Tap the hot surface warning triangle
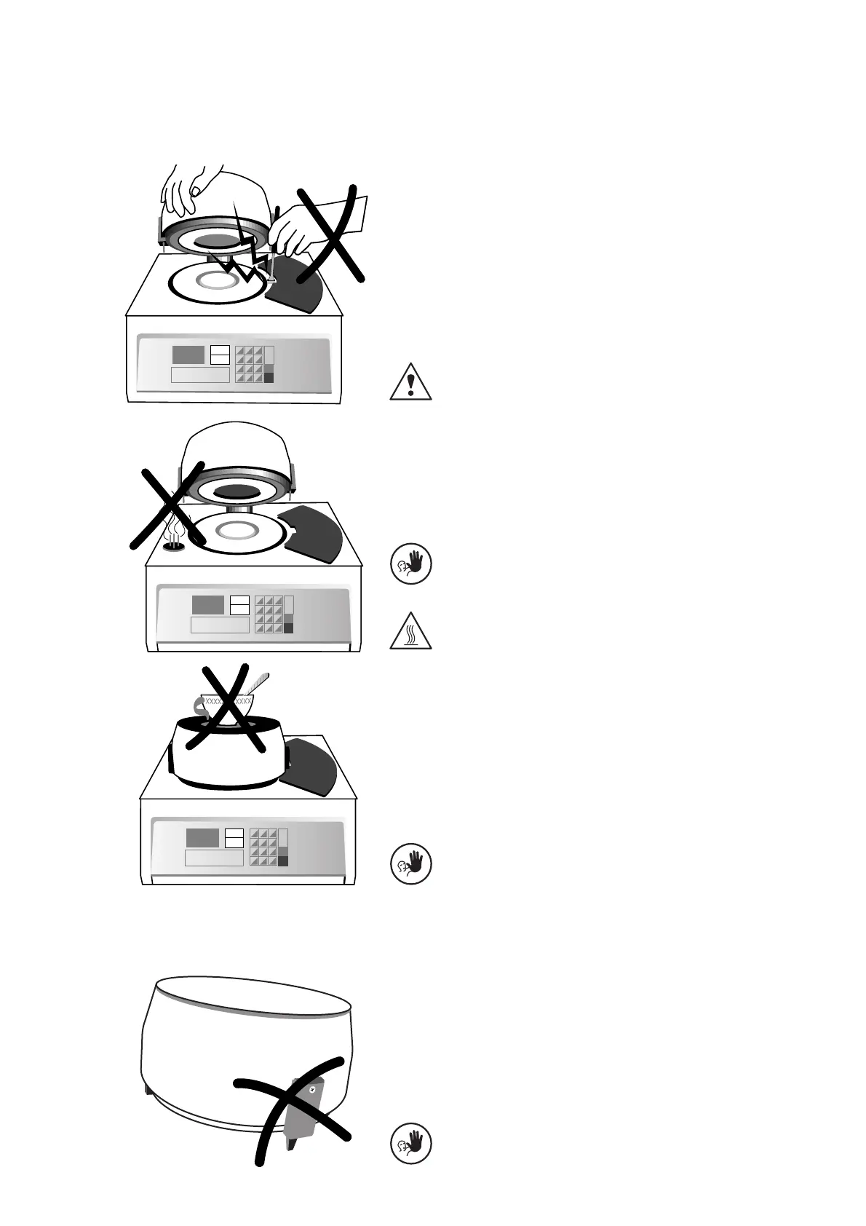click(x=411, y=630)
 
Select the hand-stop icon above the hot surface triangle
click(x=411, y=563)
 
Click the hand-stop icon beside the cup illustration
click(x=411, y=863)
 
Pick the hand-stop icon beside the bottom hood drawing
click(x=411, y=1143)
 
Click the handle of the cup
click(x=198, y=705)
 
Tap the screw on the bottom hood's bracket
click(x=312, y=1089)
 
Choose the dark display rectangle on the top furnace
click(x=188, y=355)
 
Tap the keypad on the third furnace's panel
click(x=263, y=847)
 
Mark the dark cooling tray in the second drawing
click(x=314, y=531)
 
